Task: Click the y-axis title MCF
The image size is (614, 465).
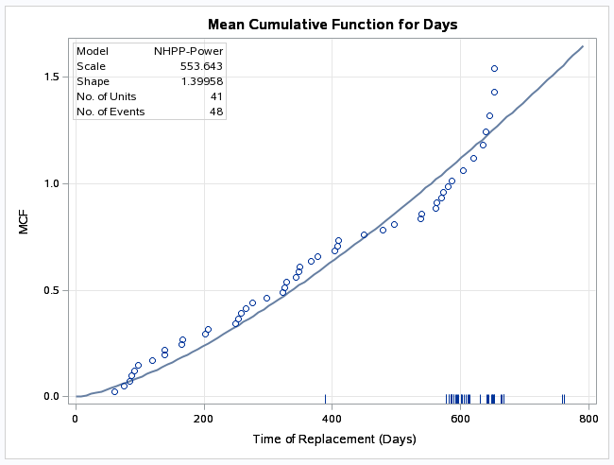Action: pyautogui.click(x=34, y=224)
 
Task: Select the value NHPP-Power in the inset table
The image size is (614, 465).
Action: pyautogui.click(x=188, y=51)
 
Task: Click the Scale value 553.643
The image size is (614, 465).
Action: pyautogui.click(x=201, y=66)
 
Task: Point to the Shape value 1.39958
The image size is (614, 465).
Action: pyautogui.click(x=201, y=81)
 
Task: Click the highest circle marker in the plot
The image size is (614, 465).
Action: pyautogui.click(x=494, y=68)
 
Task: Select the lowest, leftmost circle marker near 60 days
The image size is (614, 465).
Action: pyautogui.click(x=114, y=391)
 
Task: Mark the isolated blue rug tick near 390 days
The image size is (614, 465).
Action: pyautogui.click(x=325, y=399)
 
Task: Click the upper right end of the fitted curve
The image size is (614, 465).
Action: pyautogui.click(x=582, y=46)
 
